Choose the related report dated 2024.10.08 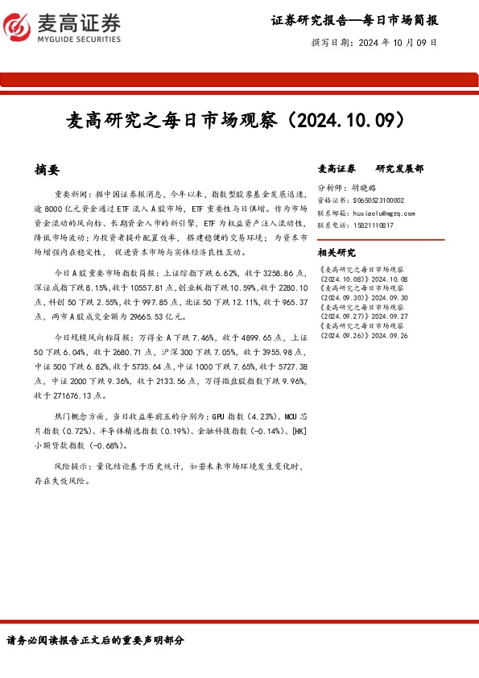pyautogui.click(x=364, y=274)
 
